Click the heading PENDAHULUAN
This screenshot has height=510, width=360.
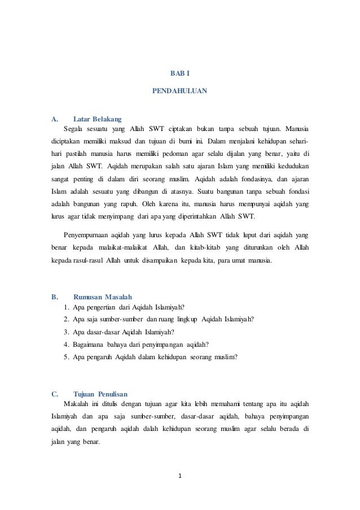(x=179, y=90)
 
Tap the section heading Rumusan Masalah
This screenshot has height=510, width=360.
(x=103, y=296)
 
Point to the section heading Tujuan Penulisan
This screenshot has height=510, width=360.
(x=100, y=394)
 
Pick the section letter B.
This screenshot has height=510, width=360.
(x=54, y=296)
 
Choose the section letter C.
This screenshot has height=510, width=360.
(x=54, y=394)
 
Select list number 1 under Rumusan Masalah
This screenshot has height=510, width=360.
(x=67, y=307)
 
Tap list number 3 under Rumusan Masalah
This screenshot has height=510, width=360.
(x=67, y=332)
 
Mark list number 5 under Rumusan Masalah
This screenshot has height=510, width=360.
(x=67, y=356)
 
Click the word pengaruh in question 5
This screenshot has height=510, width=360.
(x=100, y=356)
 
